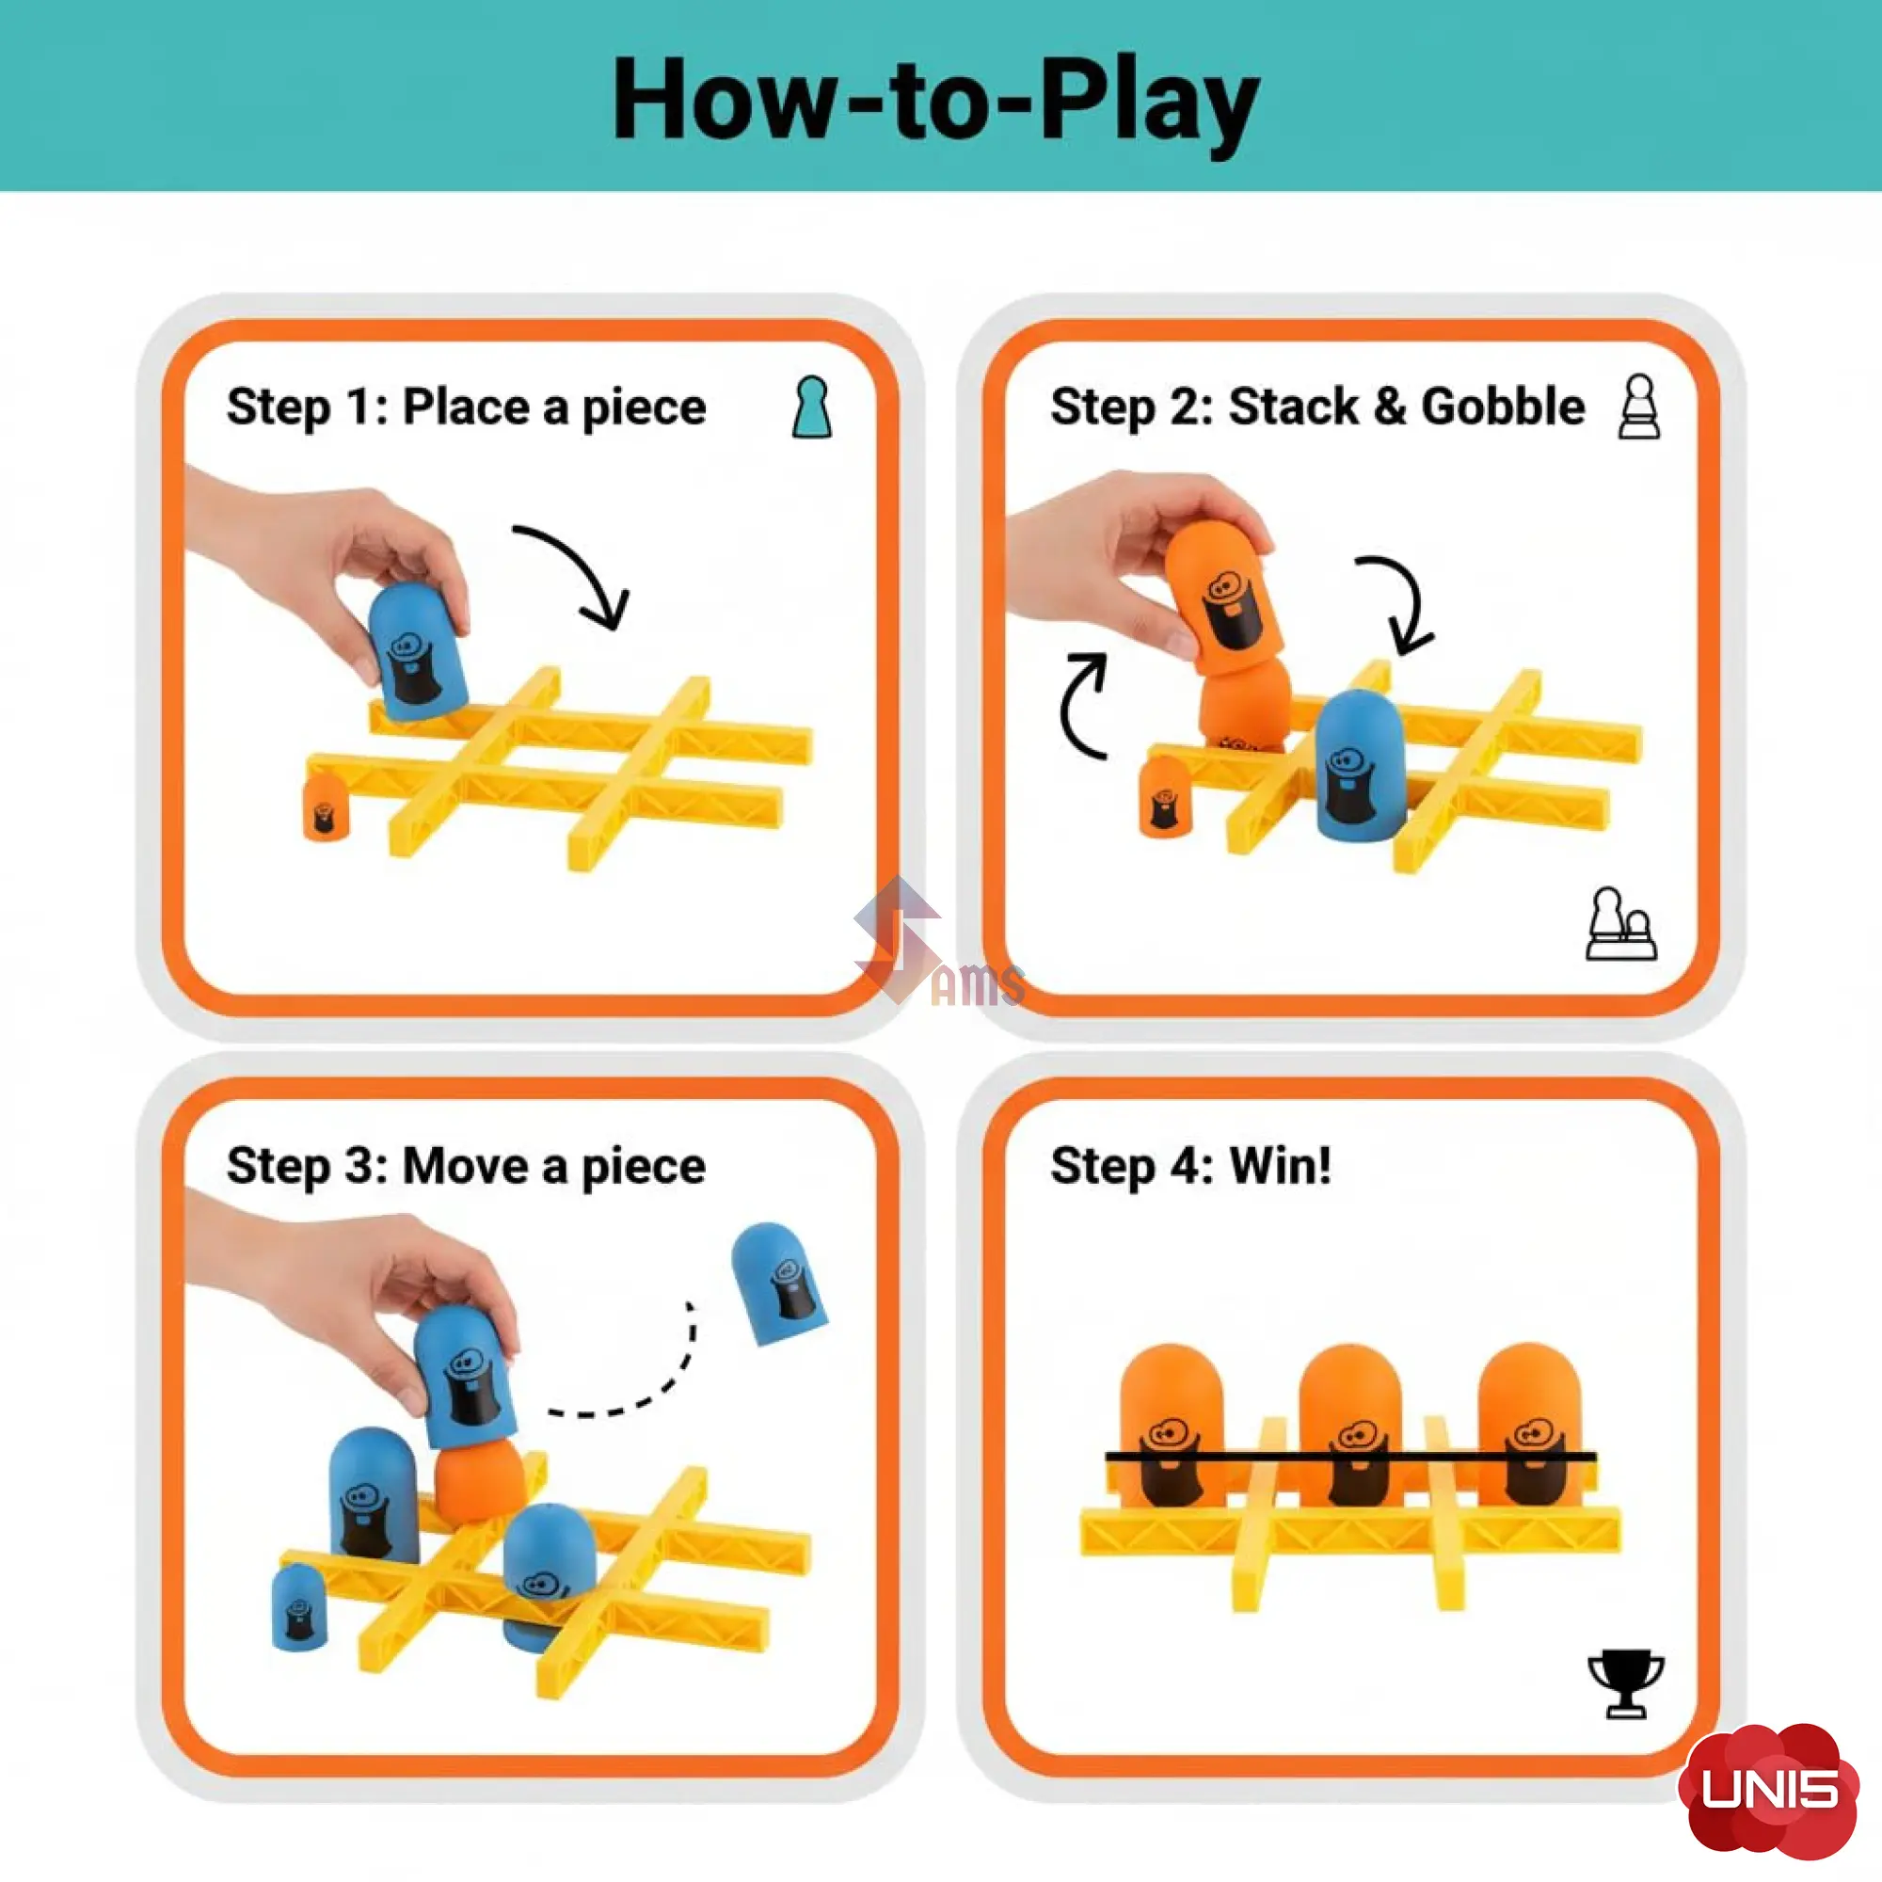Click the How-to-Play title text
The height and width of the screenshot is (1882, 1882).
coord(935,104)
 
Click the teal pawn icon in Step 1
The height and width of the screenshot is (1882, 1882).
coord(811,407)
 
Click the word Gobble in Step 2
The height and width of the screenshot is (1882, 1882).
coord(1503,407)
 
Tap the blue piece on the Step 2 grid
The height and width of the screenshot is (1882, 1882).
coord(1361,767)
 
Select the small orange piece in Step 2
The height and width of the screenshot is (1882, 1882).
coord(1165,796)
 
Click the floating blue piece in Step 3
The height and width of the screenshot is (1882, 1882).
coord(777,1283)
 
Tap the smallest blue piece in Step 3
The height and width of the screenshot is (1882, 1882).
coord(298,1606)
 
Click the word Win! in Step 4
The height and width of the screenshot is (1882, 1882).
coord(1280,1165)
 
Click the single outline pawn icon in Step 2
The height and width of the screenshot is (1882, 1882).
coord(1640,407)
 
